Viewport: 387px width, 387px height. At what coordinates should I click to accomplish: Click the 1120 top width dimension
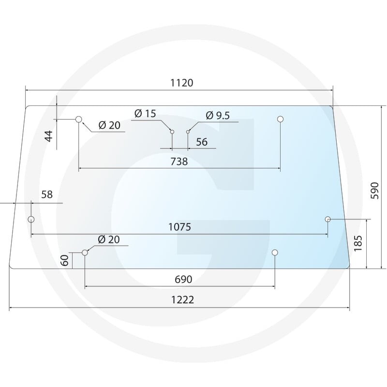point(182,83)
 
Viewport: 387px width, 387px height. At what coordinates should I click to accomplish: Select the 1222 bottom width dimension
point(182,300)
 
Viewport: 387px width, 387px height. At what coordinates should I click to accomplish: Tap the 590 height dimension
point(374,191)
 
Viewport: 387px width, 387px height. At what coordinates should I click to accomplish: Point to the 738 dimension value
point(179,162)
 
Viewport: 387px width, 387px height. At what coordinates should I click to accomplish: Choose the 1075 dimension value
point(179,227)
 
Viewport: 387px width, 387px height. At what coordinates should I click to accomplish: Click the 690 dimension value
point(183,280)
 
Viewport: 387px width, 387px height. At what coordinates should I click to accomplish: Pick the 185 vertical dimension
point(358,243)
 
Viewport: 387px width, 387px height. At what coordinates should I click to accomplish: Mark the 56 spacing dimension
point(202,142)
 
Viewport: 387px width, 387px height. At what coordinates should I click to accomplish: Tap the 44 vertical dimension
point(49,136)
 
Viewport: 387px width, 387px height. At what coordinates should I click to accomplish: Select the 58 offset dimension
point(47,194)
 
